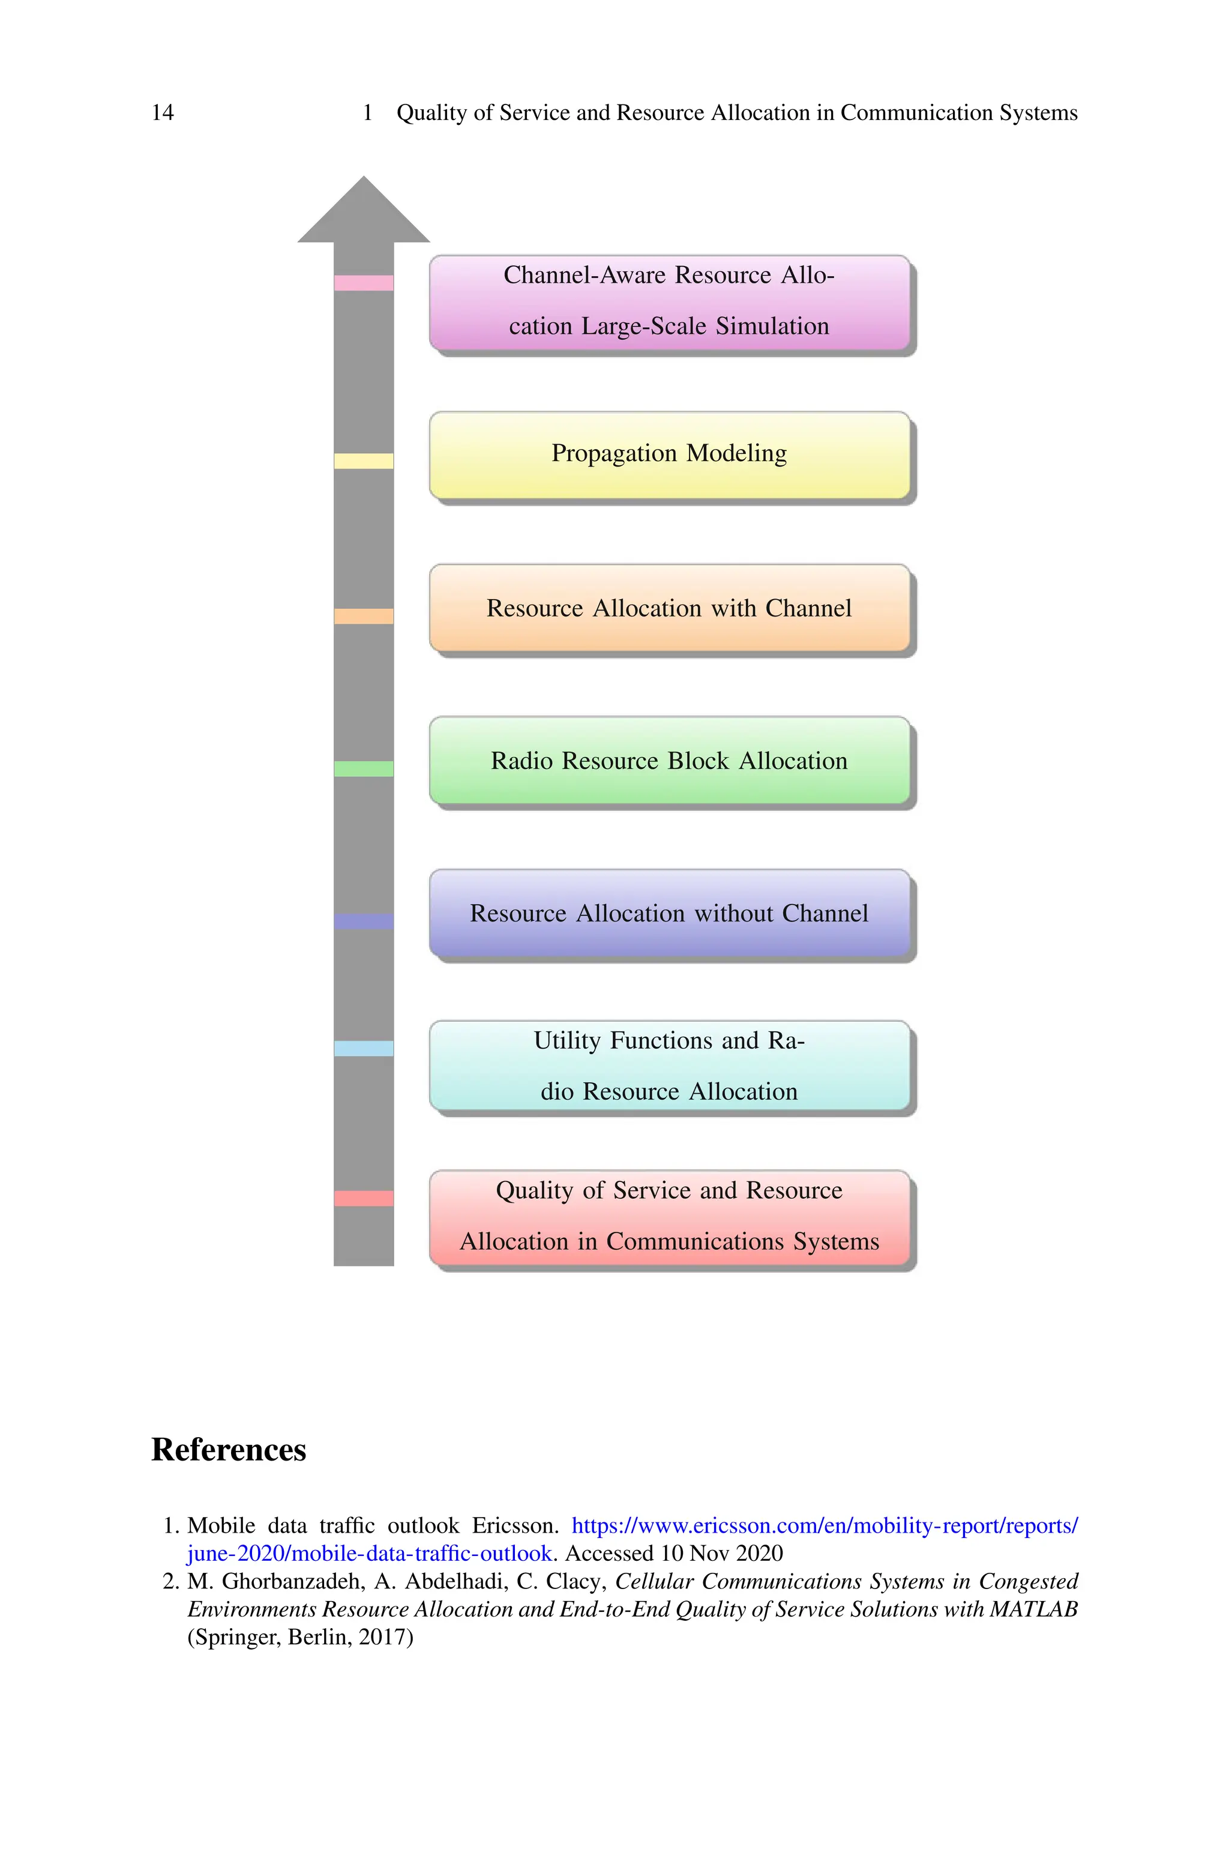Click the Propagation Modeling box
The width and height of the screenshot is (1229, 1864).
(x=669, y=454)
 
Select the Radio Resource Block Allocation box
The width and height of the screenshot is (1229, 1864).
(x=669, y=761)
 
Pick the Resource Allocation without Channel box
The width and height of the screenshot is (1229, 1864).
(x=669, y=913)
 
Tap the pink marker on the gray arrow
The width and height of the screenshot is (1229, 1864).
(x=364, y=283)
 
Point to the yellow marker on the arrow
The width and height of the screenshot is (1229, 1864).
(x=364, y=461)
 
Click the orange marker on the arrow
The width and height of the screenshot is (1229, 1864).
(x=364, y=616)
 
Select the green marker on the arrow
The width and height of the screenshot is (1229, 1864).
(x=364, y=769)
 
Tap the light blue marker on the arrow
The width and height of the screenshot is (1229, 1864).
(x=364, y=1048)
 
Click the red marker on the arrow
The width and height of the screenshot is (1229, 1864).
(x=364, y=1198)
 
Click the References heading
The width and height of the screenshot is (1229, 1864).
(x=228, y=1450)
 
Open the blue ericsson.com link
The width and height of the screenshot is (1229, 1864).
(x=824, y=1526)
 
